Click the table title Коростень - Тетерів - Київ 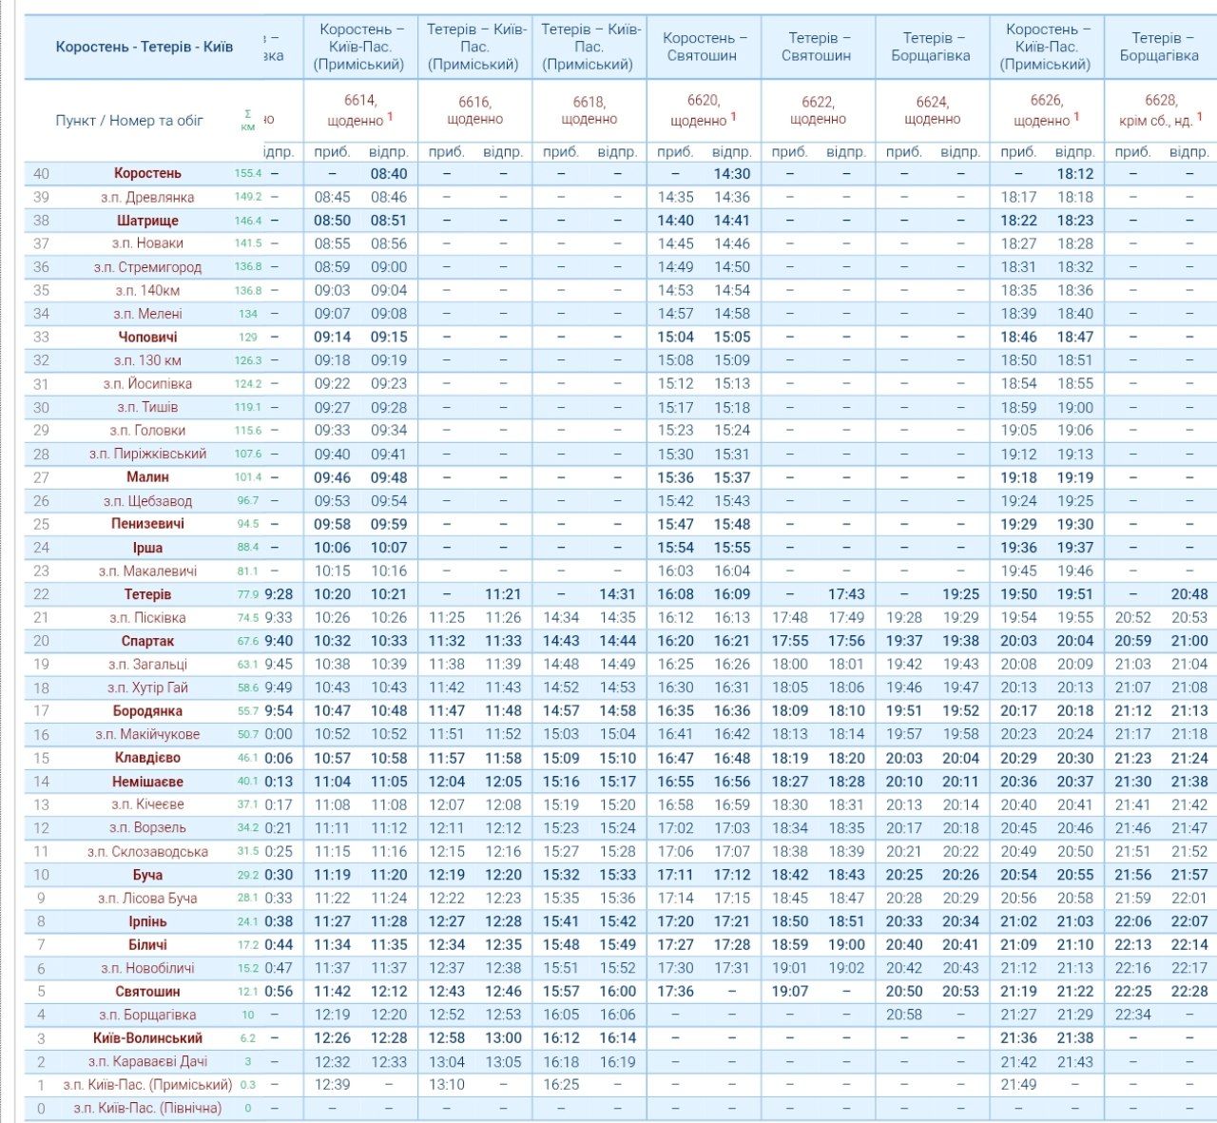[144, 47]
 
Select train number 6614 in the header [360, 100]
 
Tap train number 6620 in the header [703, 100]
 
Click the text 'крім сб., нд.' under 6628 [1155, 121]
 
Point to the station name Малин [147, 477]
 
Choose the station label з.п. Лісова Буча [147, 898]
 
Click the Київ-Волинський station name [147, 1038]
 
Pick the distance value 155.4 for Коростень [247, 174]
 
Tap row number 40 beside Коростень [41, 174]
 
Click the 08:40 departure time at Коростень [389, 174]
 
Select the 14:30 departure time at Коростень [731, 174]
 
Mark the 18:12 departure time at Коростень [1074, 174]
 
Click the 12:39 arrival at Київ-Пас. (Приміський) [333, 1085]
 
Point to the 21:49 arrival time [1018, 1085]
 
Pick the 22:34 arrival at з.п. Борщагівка [1132, 1015]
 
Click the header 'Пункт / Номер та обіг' [129, 121]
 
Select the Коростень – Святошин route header [704, 47]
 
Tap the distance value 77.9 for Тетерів [247, 594]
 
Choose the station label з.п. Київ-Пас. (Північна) [147, 1108]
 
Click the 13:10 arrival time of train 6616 [447, 1085]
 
